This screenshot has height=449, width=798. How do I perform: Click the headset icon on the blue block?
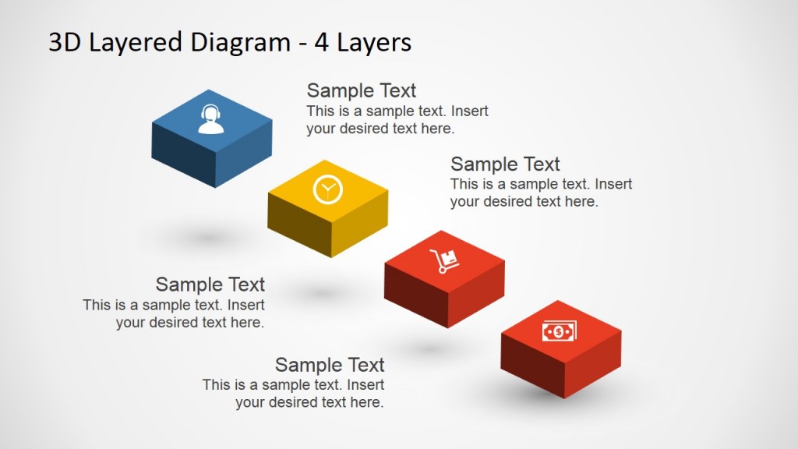click(210, 119)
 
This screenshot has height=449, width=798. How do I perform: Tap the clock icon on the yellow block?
click(327, 189)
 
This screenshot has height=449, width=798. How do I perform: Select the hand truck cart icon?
click(444, 260)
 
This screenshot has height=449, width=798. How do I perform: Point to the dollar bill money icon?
click(560, 331)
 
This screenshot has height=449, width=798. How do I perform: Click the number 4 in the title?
click(320, 42)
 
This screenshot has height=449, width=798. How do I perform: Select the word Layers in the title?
click(373, 42)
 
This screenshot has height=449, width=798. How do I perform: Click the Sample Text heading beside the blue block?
click(362, 90)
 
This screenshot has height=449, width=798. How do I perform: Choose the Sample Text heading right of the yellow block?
click(505, 164)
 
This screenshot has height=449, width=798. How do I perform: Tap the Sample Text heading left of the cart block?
click(210, 285)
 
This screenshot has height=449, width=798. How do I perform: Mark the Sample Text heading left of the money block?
click(330, 365)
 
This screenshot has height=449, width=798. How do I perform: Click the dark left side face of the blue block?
click(182, 164)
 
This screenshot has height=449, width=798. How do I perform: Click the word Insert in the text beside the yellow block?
click(613, 185)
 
